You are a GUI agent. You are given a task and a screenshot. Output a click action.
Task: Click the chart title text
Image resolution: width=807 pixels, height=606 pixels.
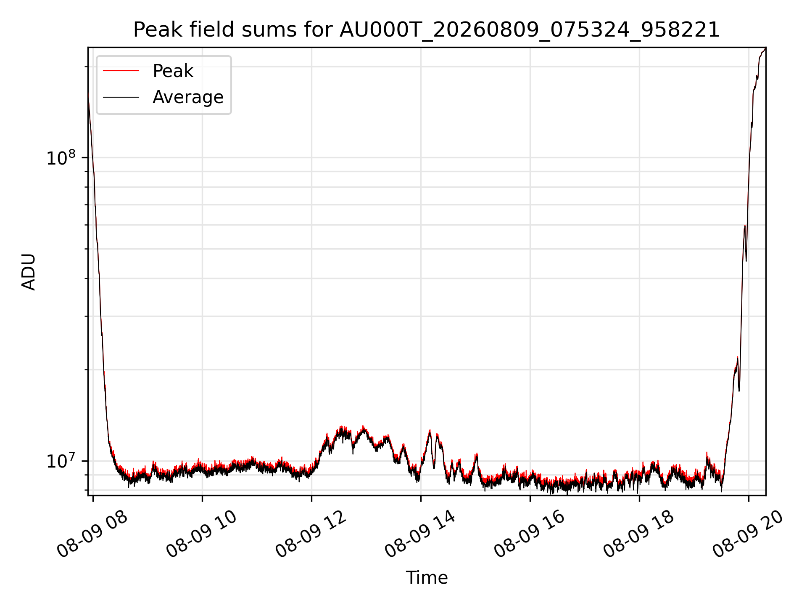point(427,30)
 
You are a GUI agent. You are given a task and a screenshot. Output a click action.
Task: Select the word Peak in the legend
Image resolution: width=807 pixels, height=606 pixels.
point(173,71)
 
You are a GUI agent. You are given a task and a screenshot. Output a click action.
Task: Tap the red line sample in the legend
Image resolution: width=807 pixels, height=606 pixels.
point(121,71)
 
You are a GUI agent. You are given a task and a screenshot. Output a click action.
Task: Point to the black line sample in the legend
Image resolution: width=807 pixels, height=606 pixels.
point(121,97)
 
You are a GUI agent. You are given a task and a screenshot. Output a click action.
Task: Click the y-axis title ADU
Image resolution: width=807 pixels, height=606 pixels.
point(29,272)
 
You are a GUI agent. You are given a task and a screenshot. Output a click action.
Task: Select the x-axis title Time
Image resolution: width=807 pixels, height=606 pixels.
point(427,578)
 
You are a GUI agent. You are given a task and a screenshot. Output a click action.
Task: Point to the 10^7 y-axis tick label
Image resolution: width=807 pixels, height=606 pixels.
point(61,460)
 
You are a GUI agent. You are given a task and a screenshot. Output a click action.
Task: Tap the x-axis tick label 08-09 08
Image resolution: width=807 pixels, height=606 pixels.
point(92,534)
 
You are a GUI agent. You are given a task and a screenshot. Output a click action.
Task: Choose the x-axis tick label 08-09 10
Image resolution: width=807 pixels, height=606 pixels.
point(202,534)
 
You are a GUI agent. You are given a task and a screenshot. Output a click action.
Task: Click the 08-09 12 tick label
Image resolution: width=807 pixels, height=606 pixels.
point(311,534)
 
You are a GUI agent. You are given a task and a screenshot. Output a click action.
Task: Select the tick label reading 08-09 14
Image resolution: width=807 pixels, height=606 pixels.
point(420,534)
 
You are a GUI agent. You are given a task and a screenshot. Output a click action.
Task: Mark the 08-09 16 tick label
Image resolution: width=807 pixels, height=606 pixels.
point(530,534)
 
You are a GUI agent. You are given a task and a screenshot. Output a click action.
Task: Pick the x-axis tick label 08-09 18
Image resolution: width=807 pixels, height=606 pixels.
point(639,534)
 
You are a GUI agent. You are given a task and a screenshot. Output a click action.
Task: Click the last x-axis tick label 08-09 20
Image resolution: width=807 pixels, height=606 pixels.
point(748,534)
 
